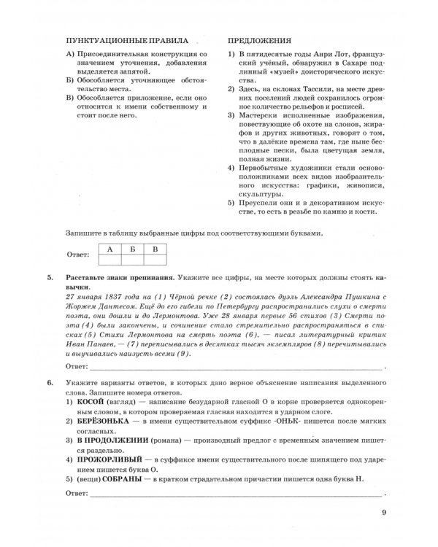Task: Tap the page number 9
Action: click(384, 513)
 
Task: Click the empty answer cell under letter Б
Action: click(132, 260)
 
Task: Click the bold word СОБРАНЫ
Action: click(118, 478)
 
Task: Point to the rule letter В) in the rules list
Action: click(70, 96)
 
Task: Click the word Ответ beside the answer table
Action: click(77, 255)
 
